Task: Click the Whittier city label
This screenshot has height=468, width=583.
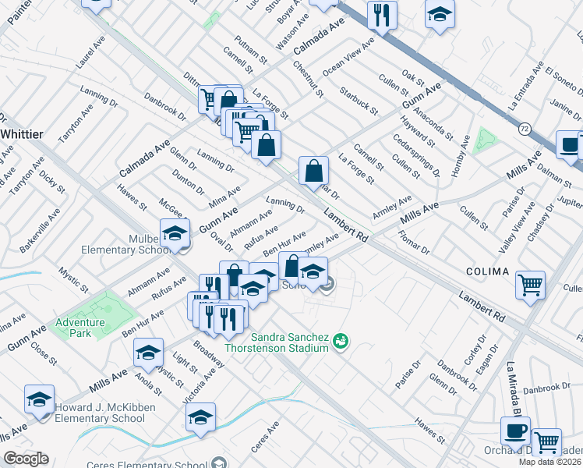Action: [21, 134]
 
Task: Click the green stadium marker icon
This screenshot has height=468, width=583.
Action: [340, 341]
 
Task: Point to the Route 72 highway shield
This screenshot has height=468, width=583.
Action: [526, 127]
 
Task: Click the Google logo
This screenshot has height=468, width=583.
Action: [26, 459]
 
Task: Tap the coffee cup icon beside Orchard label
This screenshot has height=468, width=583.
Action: [515, 431]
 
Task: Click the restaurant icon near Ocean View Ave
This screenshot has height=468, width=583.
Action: [382, 14]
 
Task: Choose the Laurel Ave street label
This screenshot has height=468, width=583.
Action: [90, 51]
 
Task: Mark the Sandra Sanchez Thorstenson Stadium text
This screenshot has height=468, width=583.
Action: [277, 342]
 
